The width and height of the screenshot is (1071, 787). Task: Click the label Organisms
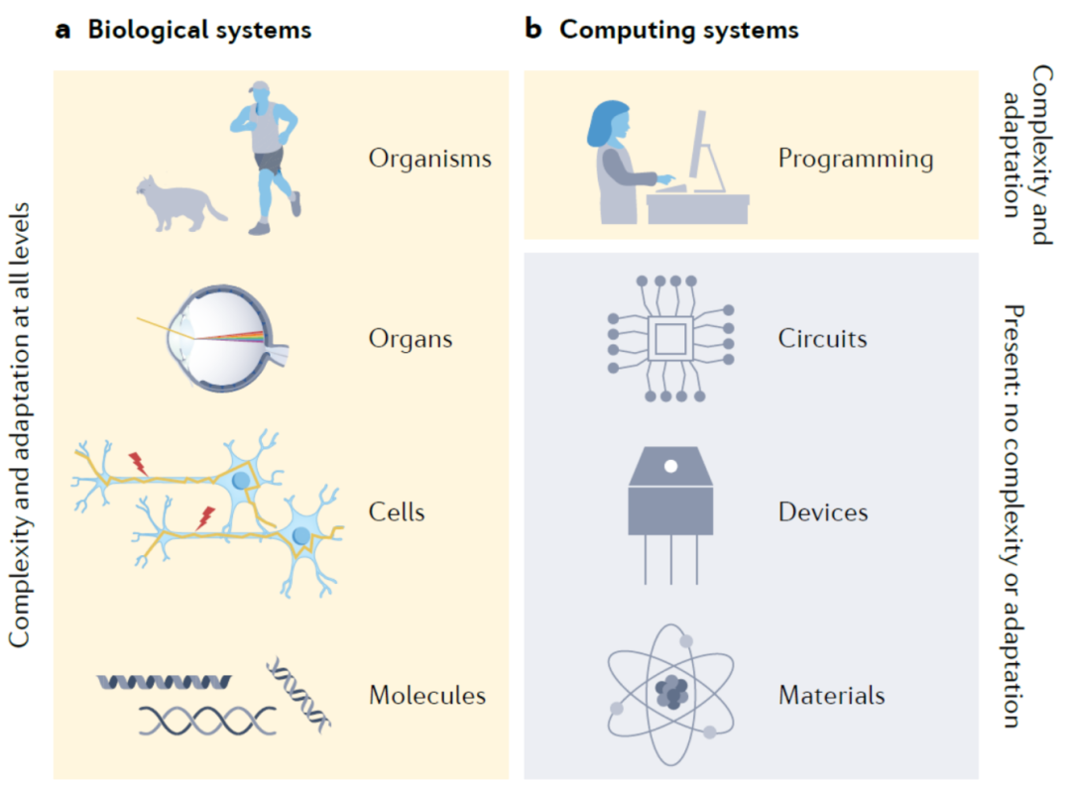(x=429, y=159)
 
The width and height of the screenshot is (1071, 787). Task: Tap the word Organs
(x=410, y=339)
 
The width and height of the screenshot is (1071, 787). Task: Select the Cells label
(x=396, y=512)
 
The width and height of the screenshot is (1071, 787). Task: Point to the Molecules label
(x=426, y=695)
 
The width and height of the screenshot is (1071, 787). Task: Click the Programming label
(x=855, y=159)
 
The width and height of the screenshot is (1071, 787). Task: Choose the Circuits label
(x=822, y=339)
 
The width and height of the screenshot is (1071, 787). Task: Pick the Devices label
(x=822, y=512)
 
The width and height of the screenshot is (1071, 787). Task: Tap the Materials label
(x=831, y=695)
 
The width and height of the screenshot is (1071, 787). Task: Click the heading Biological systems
(x=199, y=30)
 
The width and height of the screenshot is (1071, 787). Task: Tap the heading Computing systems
(x=678, y=30)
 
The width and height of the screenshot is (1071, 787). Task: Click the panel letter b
(x=533, y=30)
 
